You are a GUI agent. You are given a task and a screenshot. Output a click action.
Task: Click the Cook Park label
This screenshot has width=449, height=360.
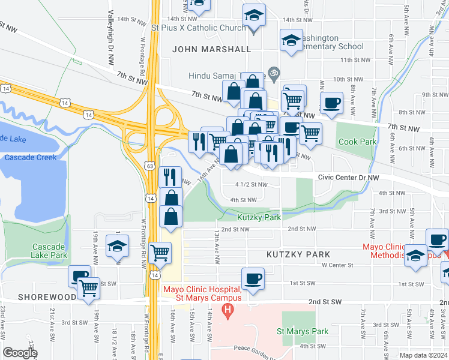[x=357, y=142]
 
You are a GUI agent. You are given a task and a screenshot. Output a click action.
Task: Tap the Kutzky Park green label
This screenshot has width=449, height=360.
[x=259, y=218]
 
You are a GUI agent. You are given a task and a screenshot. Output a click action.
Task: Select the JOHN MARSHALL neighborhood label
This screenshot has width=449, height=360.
[x=211, y=49]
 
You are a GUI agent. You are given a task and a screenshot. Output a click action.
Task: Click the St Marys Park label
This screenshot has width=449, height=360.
[x=303, y=331]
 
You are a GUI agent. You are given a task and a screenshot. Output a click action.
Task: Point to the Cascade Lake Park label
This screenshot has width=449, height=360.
[x=50, y=251]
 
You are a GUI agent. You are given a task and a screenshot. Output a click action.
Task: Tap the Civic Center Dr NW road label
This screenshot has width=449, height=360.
[x=349, y=178]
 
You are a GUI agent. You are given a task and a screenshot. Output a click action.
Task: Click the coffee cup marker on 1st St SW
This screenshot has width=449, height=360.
[x=253, y=279]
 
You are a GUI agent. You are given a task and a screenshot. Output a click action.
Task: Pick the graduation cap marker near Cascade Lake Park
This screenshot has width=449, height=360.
[x=118, y=245]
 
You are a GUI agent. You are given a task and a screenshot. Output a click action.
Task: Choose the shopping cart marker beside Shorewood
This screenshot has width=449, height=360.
[x=89, y=289]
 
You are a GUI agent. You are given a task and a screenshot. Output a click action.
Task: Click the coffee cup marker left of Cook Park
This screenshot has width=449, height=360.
[x=331, y=103]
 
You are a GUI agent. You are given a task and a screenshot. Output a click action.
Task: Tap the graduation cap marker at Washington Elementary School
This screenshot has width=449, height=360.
[x=291, y=41]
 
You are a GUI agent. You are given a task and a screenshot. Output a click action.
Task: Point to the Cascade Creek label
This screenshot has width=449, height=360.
[x=30, y=157]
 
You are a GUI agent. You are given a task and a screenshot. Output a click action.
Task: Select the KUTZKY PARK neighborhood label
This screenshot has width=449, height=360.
[x=299, y=254]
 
